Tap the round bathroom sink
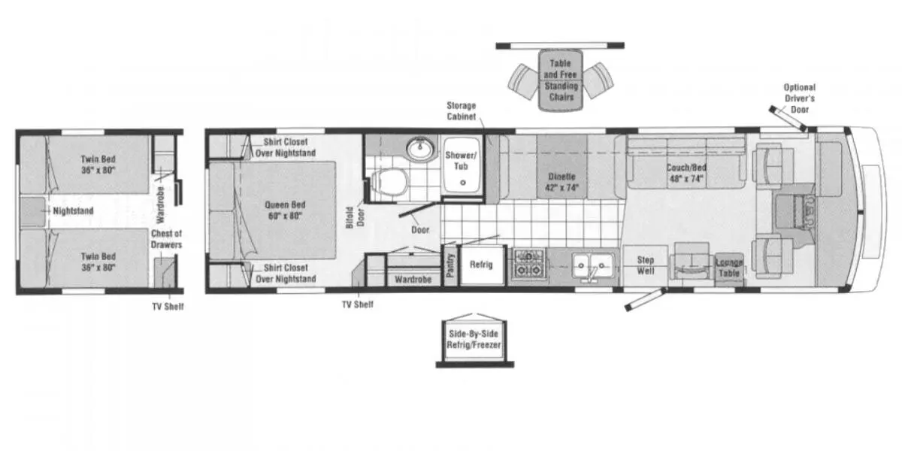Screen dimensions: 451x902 (419, 150)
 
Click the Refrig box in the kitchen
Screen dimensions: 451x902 (481, 265)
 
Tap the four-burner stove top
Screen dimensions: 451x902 (528, 265)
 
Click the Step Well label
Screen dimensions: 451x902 (645, 265)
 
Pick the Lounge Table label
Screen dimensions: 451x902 (728, 268)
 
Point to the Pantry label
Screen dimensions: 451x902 (450, 266)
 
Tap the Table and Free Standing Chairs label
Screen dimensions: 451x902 (561, 80)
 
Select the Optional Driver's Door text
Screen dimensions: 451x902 (799, 98)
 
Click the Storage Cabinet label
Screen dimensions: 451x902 (462, 111)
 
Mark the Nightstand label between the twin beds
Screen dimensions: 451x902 (73, 211)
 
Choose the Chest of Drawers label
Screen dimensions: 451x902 (165, 239)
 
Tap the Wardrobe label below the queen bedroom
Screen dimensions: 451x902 (412, 280)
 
